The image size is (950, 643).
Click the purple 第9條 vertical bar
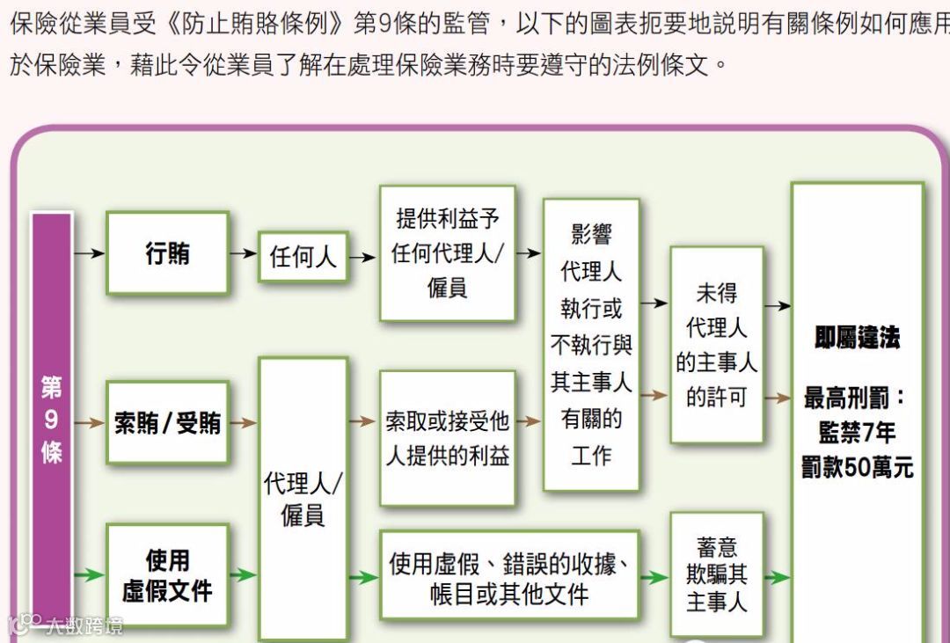(52, 422)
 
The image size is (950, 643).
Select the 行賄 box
(167, 253)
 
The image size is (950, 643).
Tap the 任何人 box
(303, 256)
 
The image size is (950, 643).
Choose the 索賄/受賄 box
(167, 423)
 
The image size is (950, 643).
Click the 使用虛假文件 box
(167, 575)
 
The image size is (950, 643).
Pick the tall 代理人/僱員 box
(303, 498)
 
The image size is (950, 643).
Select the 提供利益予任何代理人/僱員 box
(447, 253)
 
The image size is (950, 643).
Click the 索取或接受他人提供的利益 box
(447, 438)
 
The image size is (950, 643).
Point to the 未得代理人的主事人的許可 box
(716, 345)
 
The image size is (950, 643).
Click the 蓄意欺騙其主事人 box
(716, 575)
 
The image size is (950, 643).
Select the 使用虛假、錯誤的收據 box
(509, 577)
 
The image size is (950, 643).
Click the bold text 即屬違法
(857, 338)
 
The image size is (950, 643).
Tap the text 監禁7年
(857, 432)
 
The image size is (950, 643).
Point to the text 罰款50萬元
(857, 467)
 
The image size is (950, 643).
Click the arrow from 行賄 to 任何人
(243, 253)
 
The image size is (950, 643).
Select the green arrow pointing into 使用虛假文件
(90, 576)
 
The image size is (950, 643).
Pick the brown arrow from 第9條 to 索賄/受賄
(90, 423)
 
